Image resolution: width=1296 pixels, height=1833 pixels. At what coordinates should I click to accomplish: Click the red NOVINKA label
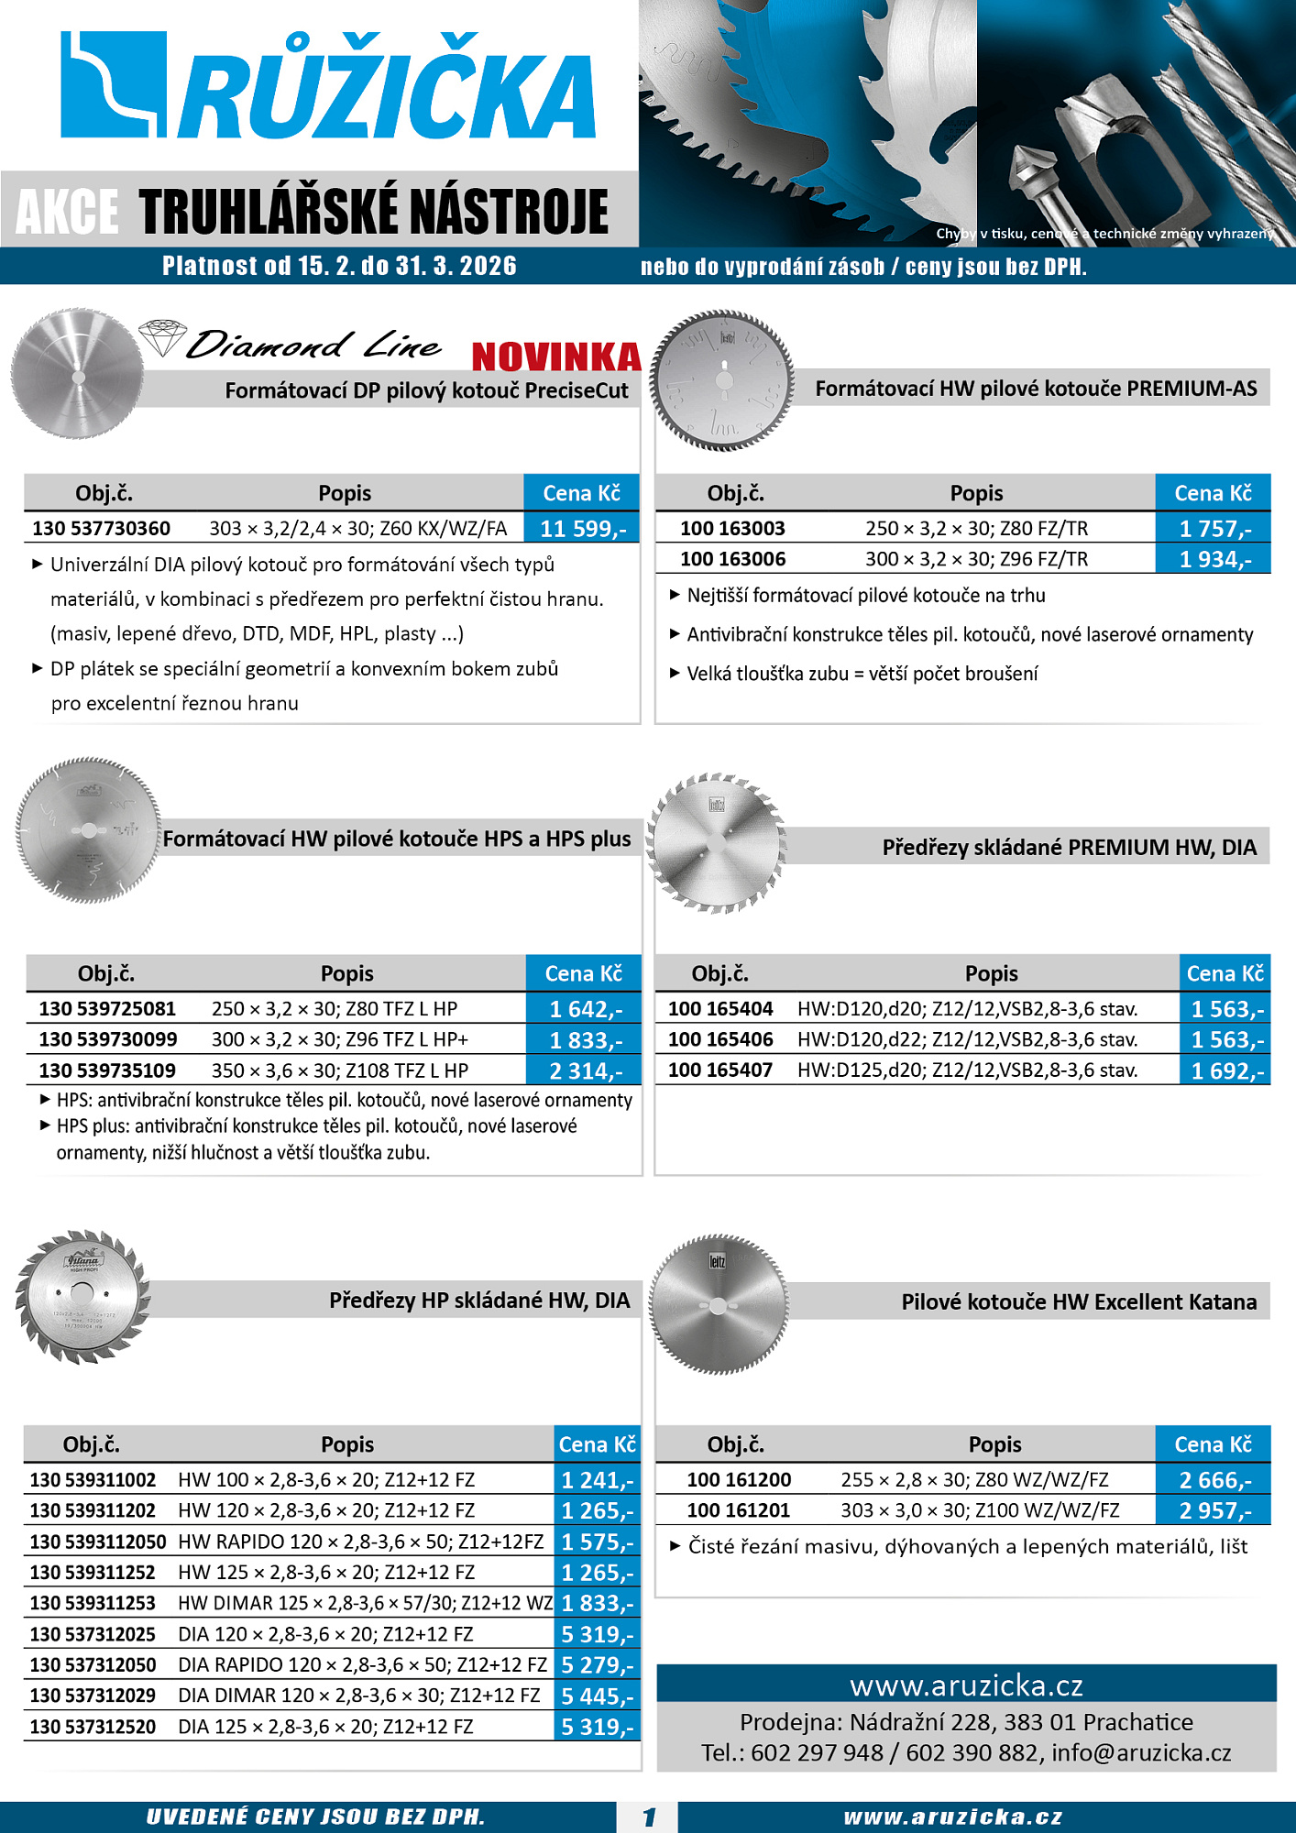click(555, 357)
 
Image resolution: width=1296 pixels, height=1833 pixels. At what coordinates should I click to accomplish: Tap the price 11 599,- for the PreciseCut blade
click(583, 529)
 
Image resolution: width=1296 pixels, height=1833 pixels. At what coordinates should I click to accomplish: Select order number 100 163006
click(732, 559)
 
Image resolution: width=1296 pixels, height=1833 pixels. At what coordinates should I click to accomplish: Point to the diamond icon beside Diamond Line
click(162, 337)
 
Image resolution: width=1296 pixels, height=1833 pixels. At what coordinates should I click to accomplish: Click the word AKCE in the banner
click(67, 212)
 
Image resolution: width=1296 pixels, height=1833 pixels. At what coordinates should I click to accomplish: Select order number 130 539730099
click(108, 1039)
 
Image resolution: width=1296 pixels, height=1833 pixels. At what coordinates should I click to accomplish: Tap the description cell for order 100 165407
click(967, 1070)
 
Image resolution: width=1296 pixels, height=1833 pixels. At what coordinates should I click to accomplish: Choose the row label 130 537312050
click(93, 1665)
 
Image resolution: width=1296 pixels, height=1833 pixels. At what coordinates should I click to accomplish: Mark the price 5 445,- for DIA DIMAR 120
click(597, 1696)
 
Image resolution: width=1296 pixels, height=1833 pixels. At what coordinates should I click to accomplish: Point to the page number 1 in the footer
click(649, 1817)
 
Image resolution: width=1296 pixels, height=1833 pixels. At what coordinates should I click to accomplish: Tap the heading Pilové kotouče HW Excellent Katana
click(1079, 1302)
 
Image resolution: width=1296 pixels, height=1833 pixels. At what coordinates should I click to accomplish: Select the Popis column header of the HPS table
click(346, 973)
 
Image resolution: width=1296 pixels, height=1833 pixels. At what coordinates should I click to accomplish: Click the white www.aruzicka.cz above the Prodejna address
click(966, 1685)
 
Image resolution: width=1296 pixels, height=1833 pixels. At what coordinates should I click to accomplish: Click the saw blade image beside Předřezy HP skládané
click(82, 1296)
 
